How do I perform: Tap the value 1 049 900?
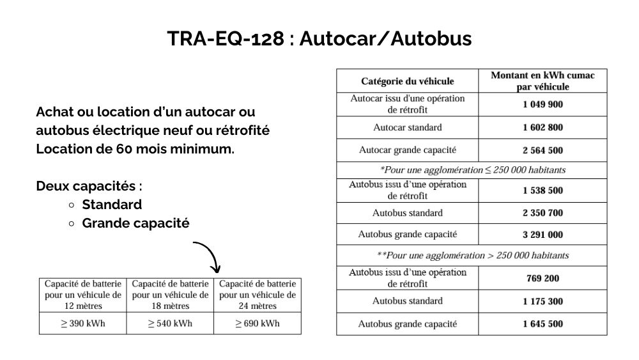point(543,104)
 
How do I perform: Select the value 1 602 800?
point(543,127)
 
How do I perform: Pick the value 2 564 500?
point(543,150)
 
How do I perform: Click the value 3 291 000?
point(543,235)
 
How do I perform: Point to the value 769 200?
point(543,278)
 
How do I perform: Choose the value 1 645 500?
point(543,324)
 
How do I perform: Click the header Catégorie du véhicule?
point(407,81)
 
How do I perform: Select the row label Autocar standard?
point(407,127)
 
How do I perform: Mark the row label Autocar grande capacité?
point(407,150)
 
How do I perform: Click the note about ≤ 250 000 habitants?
point(472,170)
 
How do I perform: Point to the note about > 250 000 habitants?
point(472,255)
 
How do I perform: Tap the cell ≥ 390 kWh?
point(83,323)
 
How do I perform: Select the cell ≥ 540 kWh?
point(170,323)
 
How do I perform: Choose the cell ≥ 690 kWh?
point(258,323)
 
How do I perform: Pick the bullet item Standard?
point(112,205)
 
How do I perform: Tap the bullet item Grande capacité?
point(135,224)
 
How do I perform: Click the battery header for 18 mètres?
point(170,294)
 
